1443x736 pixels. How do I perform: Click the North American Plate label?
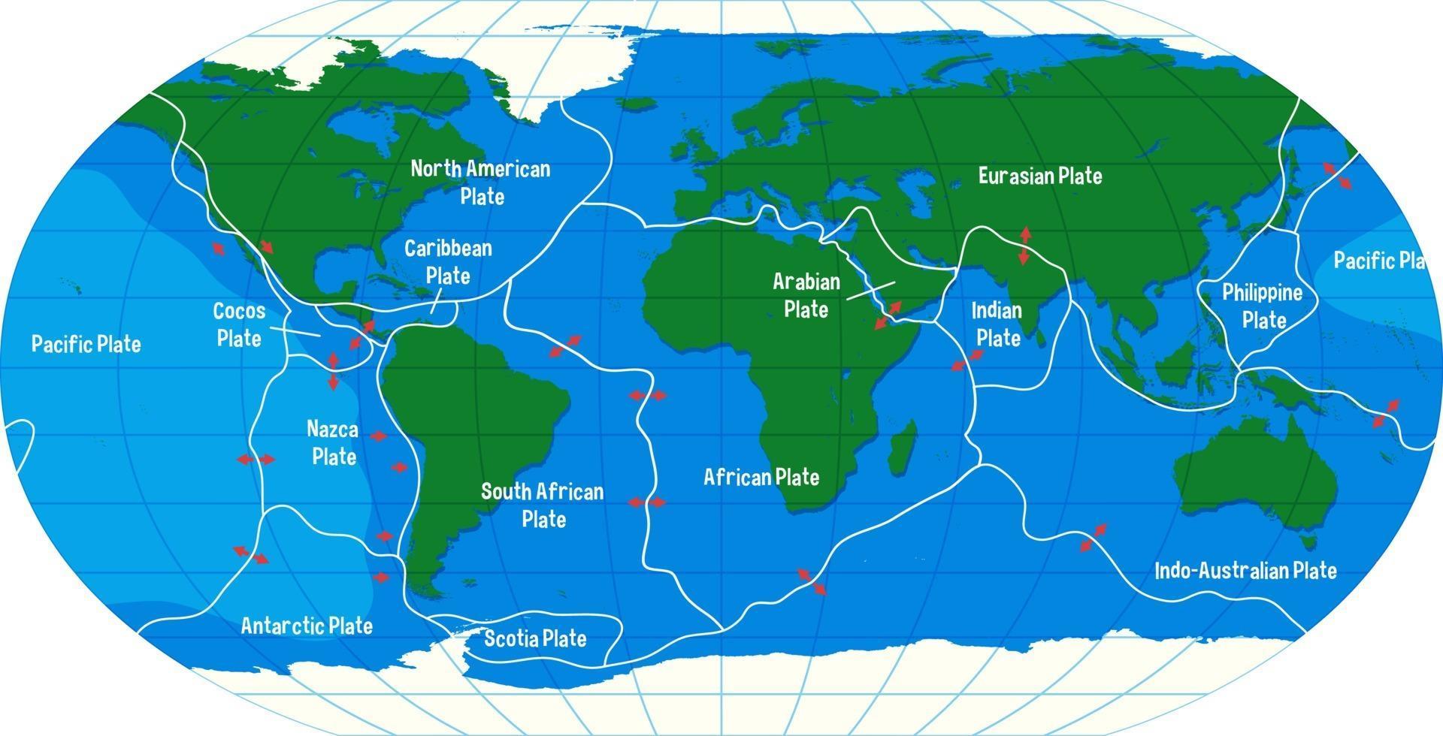[480, 182]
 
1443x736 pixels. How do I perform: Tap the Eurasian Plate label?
[1040, 176]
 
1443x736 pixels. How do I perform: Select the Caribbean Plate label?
[448, 262]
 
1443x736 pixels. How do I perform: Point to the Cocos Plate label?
[239, 324]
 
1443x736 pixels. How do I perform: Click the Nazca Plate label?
[333, 443]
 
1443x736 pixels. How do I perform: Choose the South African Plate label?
[543, 505]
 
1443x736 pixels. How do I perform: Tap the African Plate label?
[761, 477]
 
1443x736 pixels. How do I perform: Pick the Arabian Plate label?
[806, 295]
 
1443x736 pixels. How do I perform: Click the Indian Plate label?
[997, 324]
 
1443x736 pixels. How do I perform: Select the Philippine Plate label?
[1263, 306]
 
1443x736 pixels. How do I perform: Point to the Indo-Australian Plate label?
[1245, 571]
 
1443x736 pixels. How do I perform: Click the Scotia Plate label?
[535, 638]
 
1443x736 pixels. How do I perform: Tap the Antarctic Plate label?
[307, 626]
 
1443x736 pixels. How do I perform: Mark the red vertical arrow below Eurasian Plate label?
[1024, 246]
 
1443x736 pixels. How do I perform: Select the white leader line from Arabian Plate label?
[871, 291]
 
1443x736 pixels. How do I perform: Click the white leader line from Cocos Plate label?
[295, 330]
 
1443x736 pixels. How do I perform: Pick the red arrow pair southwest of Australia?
[1093, 538]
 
